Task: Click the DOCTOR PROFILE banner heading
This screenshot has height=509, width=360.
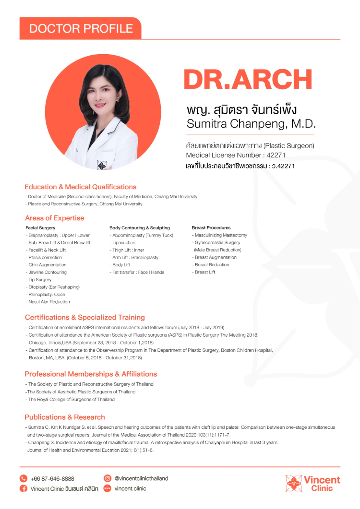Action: (x=81, y=29)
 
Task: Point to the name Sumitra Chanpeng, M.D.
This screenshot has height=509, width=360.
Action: (x=251, y=124)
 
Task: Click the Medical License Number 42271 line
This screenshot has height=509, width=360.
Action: (x=236, y=155)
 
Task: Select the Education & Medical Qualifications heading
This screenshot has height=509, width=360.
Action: (x=80, y=187)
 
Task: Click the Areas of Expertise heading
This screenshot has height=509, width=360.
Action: (x=55, y=218)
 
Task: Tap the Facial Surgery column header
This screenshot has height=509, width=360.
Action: (x=40, y=228)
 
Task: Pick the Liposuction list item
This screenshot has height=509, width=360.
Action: (x=124, y=243)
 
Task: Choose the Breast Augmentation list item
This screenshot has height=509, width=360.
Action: (x=216, y=257)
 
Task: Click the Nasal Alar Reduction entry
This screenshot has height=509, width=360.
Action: (x=49, y=302)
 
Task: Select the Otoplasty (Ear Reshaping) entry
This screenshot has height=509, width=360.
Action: (x=54, y=287)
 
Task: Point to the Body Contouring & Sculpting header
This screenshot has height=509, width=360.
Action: (x=140, y=228)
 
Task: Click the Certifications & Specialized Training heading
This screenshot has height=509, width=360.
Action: (x=85, y=317)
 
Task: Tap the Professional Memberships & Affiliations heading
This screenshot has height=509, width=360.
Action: (x=91, y=374)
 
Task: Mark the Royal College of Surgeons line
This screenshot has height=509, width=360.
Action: (x=71, y=399)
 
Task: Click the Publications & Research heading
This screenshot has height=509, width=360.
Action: (x=65, y=417)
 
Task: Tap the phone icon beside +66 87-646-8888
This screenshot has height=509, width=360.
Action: (x=23, y=479)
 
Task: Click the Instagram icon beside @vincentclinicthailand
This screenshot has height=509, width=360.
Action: (x=107, y=478)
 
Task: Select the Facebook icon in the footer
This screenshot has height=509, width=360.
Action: (x=23, y=488)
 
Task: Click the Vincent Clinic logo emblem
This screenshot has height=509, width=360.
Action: (x=294, y=483)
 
